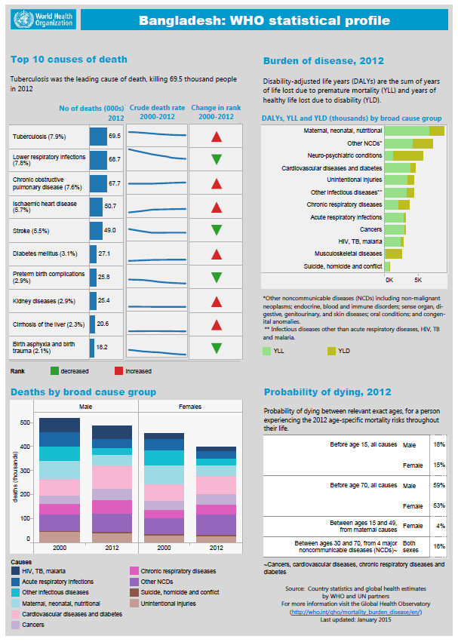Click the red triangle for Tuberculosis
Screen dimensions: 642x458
click(217, 137)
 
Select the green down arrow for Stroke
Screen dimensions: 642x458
click(217, 229)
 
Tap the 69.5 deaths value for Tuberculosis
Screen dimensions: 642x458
click(115, 137)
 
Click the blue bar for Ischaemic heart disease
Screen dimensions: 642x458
click(96, 207)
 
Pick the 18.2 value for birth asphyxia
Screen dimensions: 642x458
click(103, 348)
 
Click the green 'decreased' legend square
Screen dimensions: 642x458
click(54, 371)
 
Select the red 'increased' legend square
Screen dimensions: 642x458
click(118, 371)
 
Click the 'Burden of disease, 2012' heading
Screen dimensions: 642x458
click(323, 60)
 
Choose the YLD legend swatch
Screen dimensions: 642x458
click(330, 351)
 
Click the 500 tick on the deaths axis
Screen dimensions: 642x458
click(26, 422)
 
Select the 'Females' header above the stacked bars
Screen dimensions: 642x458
click(190, 407)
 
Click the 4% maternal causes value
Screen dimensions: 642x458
click(438, 525)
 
